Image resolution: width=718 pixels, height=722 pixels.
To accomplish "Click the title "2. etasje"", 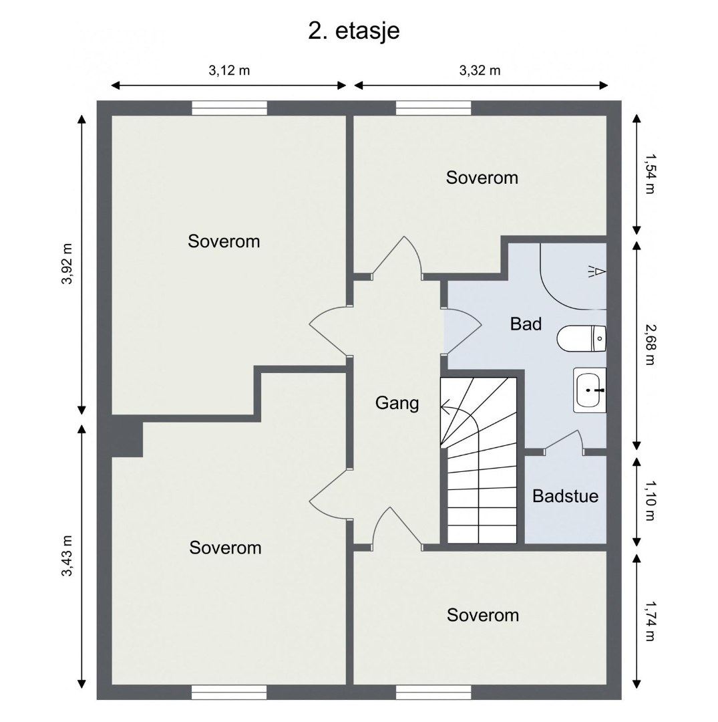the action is click(354, 31).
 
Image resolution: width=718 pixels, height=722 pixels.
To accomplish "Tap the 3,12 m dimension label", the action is click(229, 70).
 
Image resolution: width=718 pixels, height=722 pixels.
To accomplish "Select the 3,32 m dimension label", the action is click(480, 70).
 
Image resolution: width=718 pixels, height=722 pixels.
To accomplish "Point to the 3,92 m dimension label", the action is click(67, 264).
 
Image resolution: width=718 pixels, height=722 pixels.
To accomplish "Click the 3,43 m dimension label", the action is click(67, 556).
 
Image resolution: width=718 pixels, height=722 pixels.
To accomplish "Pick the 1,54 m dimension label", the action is click(649, 174).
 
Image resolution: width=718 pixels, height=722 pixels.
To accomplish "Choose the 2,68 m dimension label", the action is click(649, 344).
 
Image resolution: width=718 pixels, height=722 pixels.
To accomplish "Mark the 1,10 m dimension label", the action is click(649, 501).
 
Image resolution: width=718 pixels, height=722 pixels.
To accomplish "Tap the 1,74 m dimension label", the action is click(649, 621).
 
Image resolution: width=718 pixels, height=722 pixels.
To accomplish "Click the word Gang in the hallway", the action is click(397, 403).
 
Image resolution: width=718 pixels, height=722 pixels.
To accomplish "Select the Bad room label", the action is click(526, 324).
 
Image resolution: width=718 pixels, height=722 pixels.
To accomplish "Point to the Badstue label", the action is click(565, 496).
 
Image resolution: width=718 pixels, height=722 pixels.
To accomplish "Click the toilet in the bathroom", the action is click(581, 338).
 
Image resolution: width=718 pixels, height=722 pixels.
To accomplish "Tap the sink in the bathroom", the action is click(590, 390).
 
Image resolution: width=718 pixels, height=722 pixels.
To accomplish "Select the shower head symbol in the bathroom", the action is click(596, 271).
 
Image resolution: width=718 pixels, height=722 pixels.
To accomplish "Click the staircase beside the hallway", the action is click(479, 460).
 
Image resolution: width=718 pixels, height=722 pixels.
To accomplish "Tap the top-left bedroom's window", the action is click(229, 108).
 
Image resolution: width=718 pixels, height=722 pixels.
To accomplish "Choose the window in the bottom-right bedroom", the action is click(433, 693).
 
